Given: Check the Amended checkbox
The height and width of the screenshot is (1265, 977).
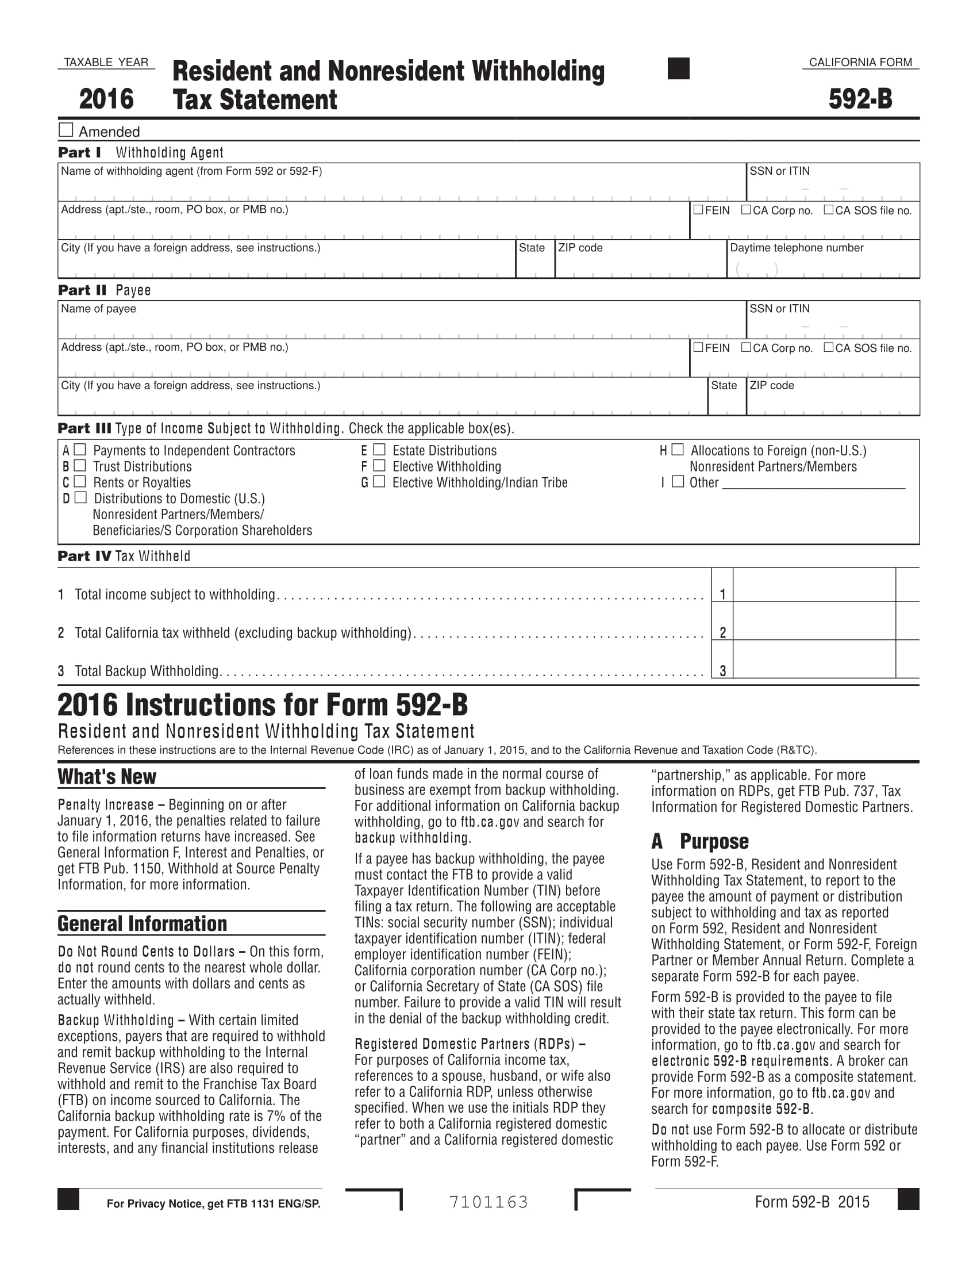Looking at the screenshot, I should click(66, 130).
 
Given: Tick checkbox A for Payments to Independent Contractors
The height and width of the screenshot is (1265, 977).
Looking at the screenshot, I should click(80, 450).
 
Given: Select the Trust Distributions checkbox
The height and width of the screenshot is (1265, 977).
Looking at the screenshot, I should click(80, 466).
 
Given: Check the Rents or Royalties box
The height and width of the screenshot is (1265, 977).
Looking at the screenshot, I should click(80, 481).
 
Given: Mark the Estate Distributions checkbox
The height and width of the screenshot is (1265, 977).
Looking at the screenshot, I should click(379, 450).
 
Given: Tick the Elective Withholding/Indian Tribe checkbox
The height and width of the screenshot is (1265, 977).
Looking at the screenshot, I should click(379, 481).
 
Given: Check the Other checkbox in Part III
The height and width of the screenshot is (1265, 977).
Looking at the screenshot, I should click(678, 481).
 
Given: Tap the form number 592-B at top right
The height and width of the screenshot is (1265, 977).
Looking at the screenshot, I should click(860, 99).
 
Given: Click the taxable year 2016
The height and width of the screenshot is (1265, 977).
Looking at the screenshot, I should click(106, 99).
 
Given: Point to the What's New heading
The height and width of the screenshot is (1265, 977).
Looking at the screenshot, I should click(107, 777).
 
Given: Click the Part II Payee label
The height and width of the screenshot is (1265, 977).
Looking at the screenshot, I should click(104, 290).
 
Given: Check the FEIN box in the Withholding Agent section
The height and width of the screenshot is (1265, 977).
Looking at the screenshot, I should click(699, 210).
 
